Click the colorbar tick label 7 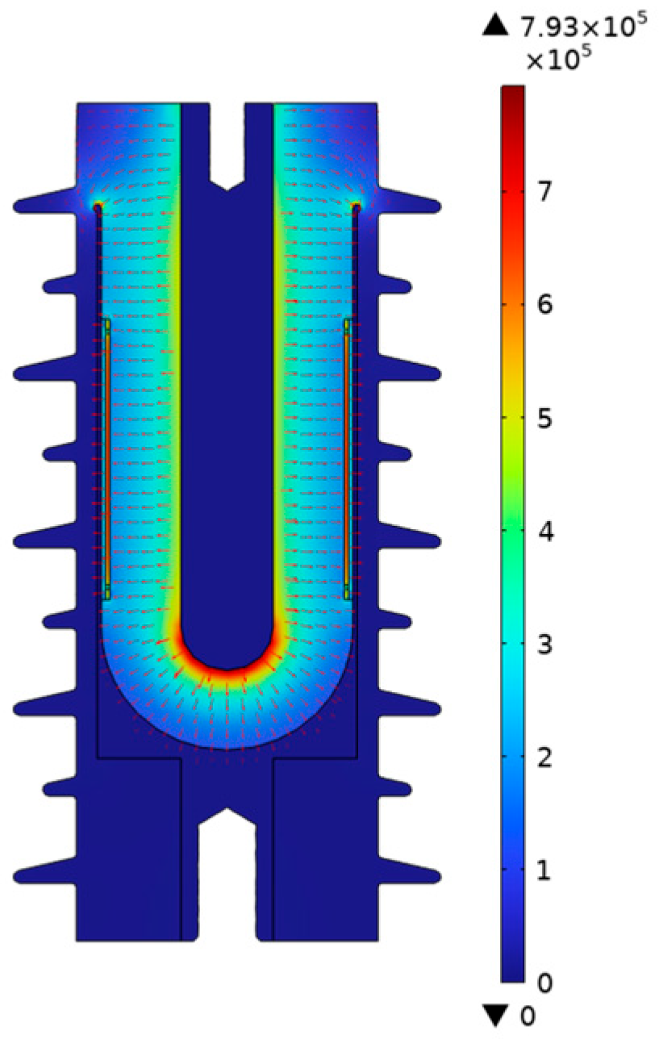point(545,190)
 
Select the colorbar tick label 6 point(545,304)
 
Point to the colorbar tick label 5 point(545,418)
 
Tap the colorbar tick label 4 point(545,532)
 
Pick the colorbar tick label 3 point(545,645)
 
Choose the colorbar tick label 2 point(545,757)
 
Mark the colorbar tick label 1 point(544,870)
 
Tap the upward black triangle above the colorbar point(495,24)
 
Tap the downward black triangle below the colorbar point(495,1015)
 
